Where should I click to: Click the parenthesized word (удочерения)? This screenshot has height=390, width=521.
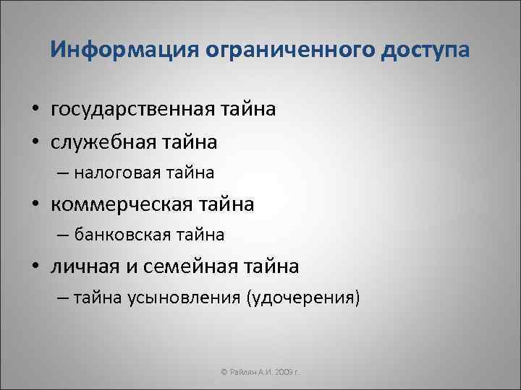click(x=303, y=298)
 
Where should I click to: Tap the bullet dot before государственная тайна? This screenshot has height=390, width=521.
click(x=35, y=110)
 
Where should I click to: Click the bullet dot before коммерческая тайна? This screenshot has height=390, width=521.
click(x=35, y=205)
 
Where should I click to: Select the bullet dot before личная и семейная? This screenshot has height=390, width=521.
click(x=35, y=267)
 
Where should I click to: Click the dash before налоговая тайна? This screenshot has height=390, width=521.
click(x=63, y=174)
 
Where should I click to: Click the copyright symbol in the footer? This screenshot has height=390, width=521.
click(x=224, y=370)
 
